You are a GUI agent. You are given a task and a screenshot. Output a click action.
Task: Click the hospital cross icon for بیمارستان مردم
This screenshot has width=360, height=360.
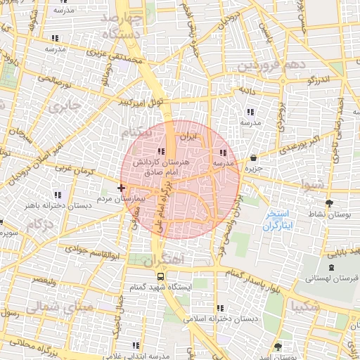point(122,188)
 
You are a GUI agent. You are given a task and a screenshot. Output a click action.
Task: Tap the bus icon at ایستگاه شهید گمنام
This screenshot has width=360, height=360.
point(161,276)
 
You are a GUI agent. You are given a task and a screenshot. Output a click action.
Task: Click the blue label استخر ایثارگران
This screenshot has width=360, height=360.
point(281,220)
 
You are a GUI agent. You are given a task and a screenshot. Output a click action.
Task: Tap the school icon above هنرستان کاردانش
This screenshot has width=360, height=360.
point(161,151)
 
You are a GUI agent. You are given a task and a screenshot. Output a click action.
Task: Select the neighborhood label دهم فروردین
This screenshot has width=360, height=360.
point(267,65)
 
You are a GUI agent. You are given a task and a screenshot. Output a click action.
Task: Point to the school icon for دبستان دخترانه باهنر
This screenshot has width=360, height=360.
point(58,195)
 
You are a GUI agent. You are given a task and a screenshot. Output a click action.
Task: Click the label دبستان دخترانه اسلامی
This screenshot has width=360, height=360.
point(221,319)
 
